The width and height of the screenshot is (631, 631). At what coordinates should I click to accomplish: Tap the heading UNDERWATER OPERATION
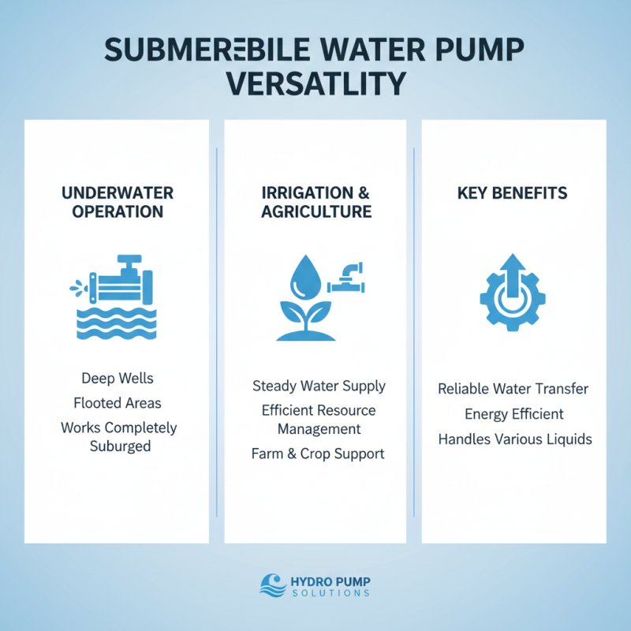click(117, 202)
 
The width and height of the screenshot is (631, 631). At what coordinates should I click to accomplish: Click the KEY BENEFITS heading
click(513, 192)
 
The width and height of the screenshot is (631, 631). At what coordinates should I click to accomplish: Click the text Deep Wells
click(117, 379)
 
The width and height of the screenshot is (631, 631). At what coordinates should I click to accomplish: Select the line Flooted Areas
click(117, 403)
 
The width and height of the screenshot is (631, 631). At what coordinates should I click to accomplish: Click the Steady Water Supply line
click(319, 386)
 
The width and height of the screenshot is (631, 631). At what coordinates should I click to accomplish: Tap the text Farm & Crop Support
click(319, 454)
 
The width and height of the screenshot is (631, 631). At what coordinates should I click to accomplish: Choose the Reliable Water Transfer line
click(513, 389)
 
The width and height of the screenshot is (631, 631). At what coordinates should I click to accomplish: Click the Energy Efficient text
click(513, 414)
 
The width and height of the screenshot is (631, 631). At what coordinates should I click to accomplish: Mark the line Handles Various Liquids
click(513, 439)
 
